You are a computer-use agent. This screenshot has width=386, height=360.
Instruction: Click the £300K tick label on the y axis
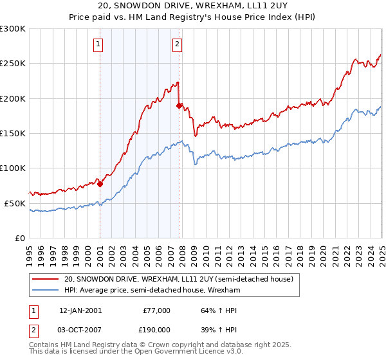pyautogui.click(x=12, y=29)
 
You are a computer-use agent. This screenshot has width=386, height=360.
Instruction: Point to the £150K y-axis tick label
pyautogui.click(x=12, y=134)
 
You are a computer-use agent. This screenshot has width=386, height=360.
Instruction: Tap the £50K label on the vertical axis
pyautogui.click(x=15, y=203)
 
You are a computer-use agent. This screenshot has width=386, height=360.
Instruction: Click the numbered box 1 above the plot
pyautogui.click(x=98, y=44)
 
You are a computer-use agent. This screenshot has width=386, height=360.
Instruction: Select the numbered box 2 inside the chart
pyautogui.click(x=177, y=44)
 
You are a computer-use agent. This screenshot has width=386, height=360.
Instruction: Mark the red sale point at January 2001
pyautogui.click(x=100, y=184)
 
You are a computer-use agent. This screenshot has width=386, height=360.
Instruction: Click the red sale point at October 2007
pyautogui.click(x=179, y=105)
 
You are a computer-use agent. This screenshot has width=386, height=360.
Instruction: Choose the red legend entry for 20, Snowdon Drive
pyautogui.click(x=179, y=280)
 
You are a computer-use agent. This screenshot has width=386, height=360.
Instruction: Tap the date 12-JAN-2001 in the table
pyautogui.click(x=80, y=310)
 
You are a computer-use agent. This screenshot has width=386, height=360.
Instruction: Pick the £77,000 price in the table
pyautogui.click(x=156, y=310)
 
